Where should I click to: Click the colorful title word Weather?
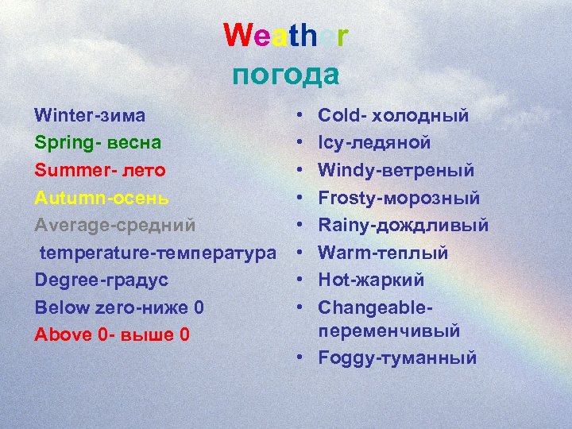coord(286,36)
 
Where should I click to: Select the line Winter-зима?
coord(90,115)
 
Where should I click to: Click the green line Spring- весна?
coord(98,143)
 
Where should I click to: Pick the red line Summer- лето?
coord(101,170)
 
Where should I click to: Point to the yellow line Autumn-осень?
coord(102,198)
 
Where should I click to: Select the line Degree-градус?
coord(102,280)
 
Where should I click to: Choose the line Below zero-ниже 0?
coord(119,307)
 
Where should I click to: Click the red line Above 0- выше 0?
coord(112,334)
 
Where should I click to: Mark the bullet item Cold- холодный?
coord(393,116)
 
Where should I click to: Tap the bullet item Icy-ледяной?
coord(374,143)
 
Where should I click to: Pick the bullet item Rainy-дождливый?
coord(403,225)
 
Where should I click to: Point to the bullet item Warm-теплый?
coord(383,253)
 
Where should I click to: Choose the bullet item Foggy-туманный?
coord(397,357)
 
